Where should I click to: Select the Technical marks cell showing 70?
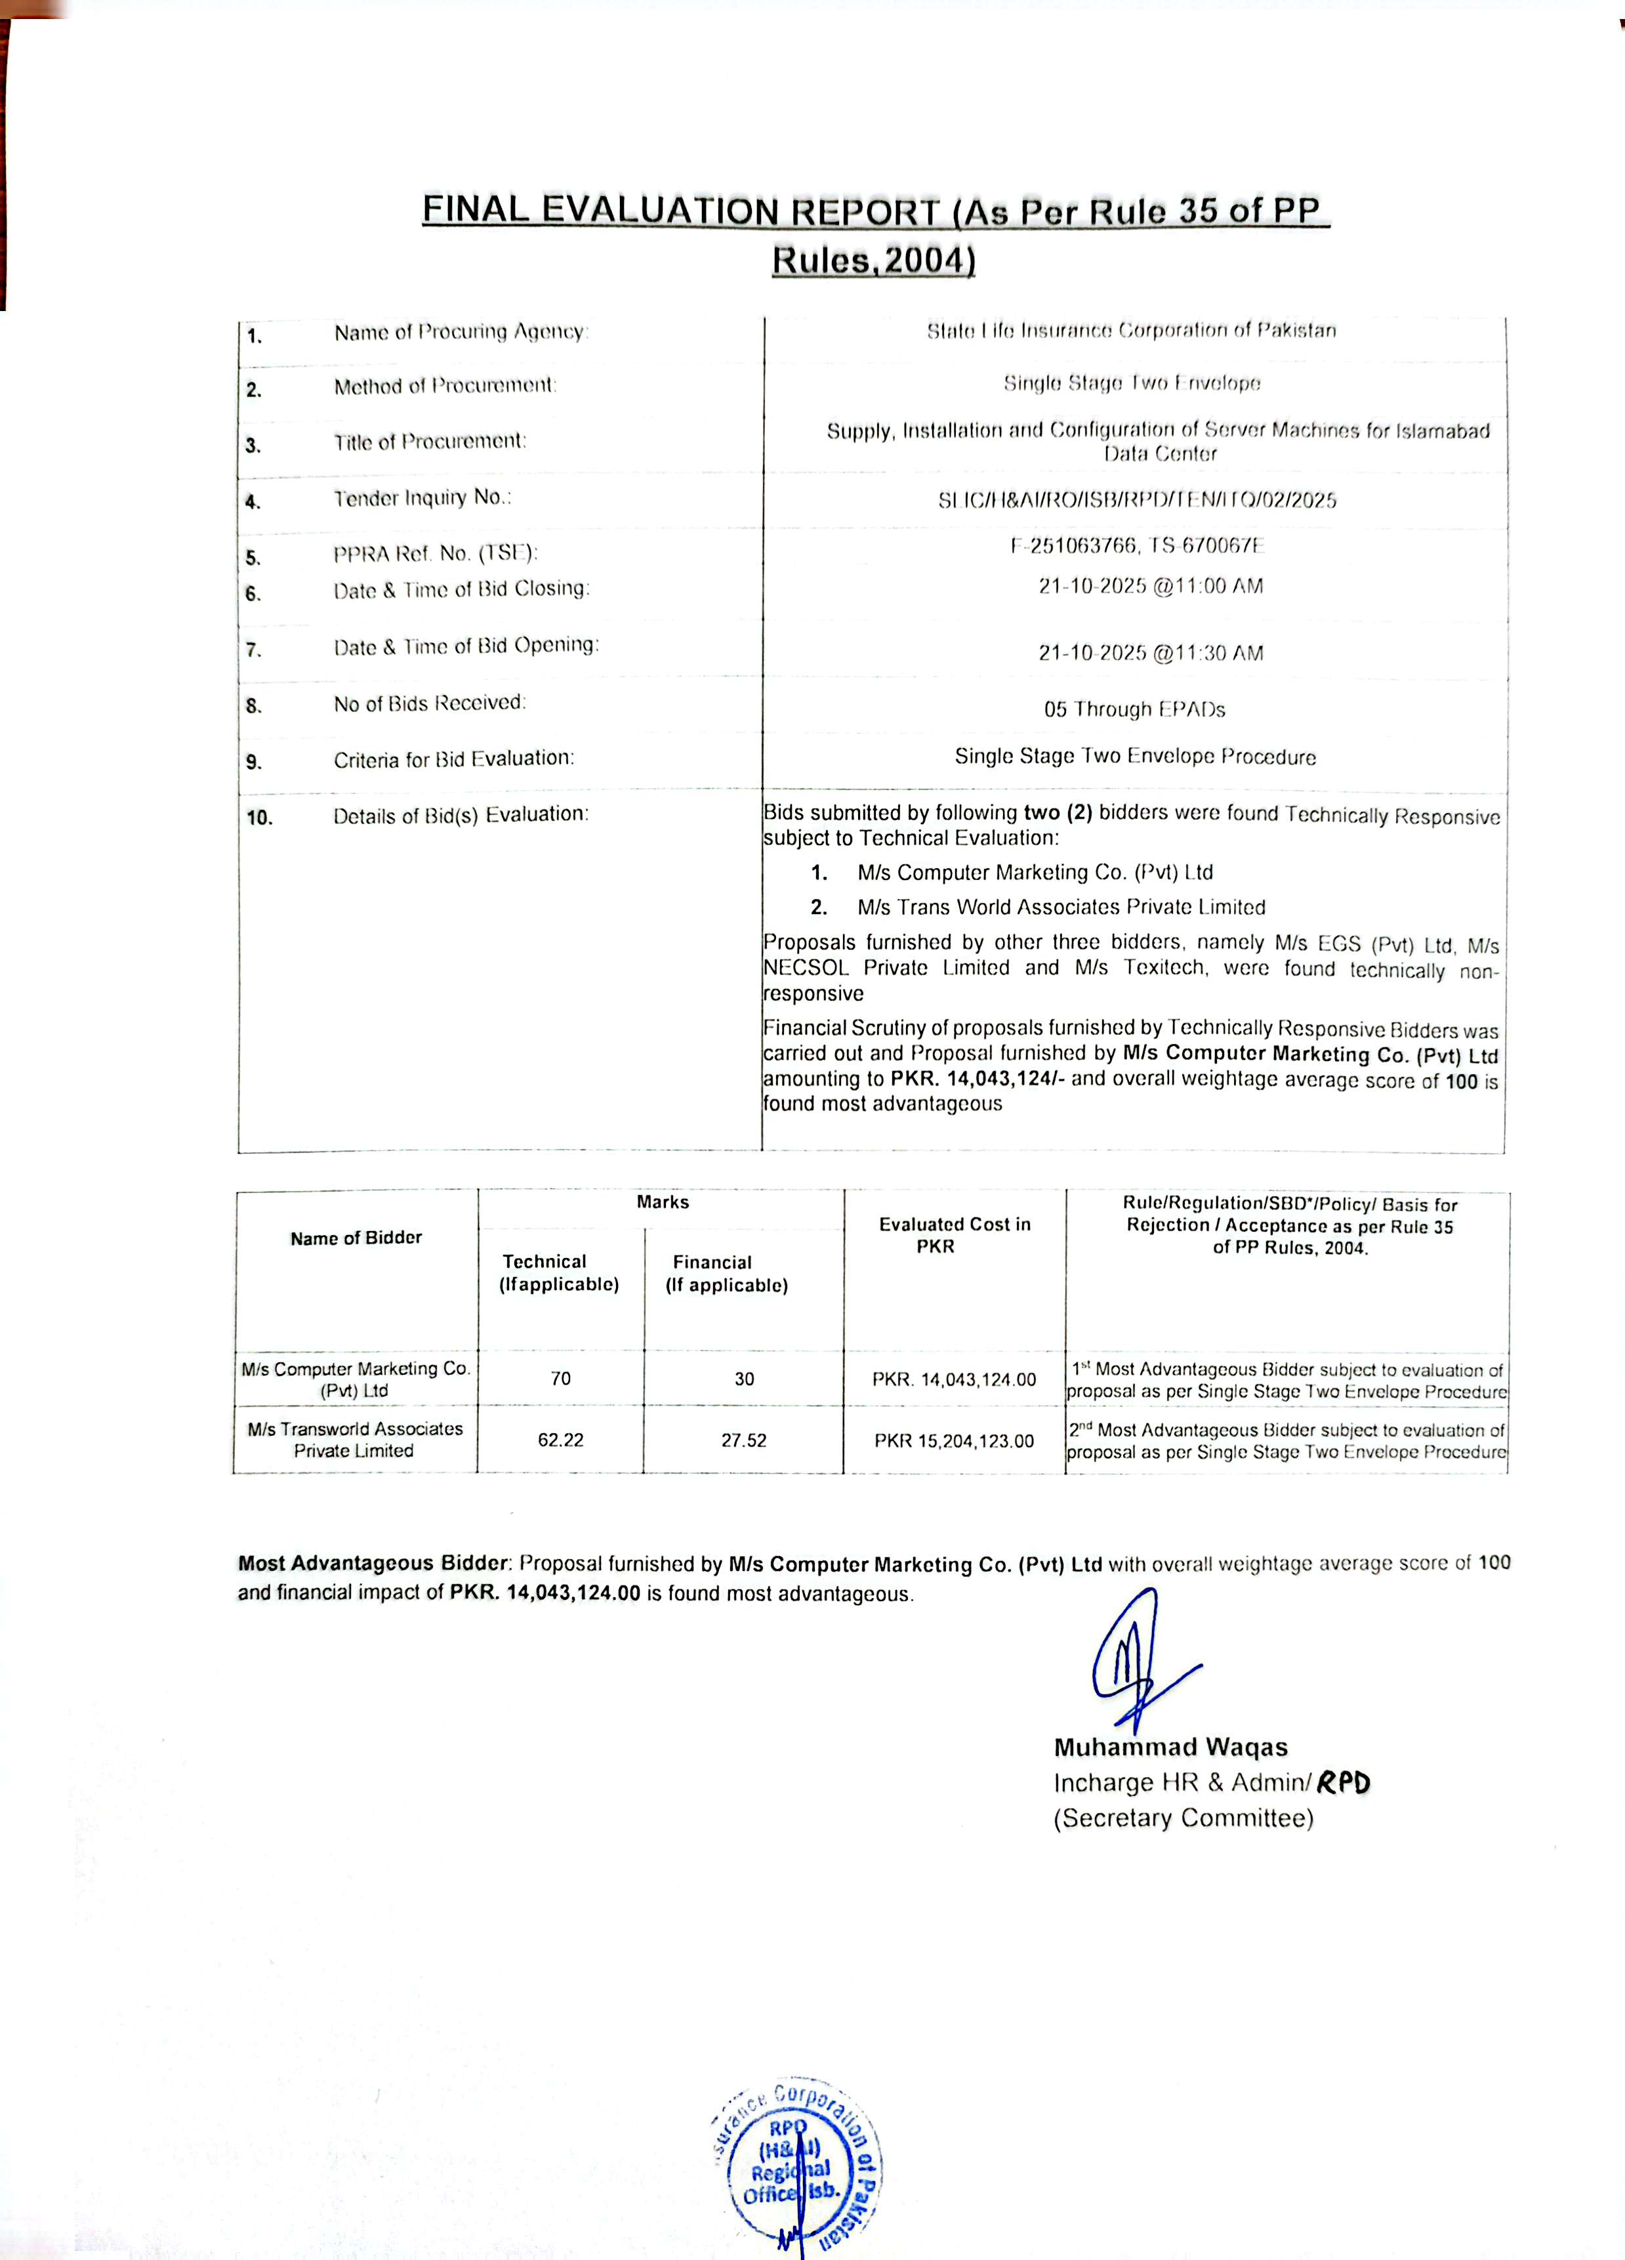click(561, 1378)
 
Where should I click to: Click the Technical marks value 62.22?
click(560, 1440)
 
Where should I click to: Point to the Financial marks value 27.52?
click(743, 1440)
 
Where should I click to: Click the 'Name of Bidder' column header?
click(356, 1238)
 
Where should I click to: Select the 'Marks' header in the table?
click(663, 1202)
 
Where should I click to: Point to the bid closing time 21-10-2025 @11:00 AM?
click(1150, 586)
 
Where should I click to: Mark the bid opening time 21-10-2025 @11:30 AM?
click(1150, 653)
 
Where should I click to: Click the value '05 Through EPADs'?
click(1134, 709)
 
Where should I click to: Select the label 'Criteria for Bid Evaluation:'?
click(453, 759)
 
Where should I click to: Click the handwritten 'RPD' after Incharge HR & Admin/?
click(1342, 1782)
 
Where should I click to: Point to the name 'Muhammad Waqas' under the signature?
click(1170, 1747)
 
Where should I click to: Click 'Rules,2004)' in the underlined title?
click(873, 260)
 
